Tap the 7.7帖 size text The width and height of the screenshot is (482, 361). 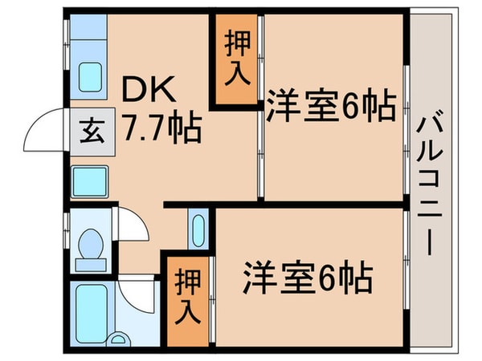[x=161, y=127]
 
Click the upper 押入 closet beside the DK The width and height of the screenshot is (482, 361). [x=236, y=59]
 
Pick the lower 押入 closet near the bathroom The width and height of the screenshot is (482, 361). [x=190, y=295]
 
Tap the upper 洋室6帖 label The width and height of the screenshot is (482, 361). [x=331, y=106]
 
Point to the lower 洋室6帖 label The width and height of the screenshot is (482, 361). [x=308, y=278]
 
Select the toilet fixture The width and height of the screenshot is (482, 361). [x=90, y=245]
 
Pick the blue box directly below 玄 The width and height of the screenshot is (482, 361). [x=89, y=181]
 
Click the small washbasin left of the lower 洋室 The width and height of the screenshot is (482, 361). [x=198, y=229]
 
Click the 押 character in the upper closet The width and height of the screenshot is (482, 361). [x=236, y=42]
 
